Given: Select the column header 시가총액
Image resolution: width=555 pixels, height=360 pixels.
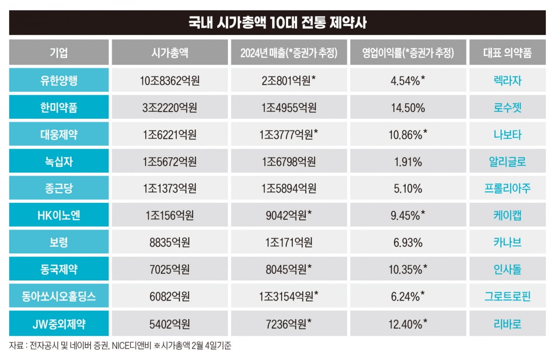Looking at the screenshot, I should point(170,53).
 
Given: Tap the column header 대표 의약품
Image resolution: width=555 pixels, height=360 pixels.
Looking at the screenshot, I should point(507,53).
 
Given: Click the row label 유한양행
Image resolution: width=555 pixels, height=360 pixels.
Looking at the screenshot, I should point(59,80).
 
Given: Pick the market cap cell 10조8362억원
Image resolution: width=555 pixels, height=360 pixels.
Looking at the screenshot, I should point(170,80).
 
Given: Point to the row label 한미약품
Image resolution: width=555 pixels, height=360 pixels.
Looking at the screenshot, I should point(59,108).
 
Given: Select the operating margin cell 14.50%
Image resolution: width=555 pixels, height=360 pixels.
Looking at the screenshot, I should point(407,108).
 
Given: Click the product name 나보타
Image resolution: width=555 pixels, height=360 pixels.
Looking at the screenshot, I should point(507,134).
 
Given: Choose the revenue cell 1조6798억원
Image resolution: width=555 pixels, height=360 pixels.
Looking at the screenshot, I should point(289,162).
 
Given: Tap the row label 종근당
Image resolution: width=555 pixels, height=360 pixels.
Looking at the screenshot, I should point(59,189).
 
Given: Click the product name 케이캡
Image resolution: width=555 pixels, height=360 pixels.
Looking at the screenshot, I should point(507,215).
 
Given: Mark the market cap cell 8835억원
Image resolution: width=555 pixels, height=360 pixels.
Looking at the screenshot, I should point(170,243).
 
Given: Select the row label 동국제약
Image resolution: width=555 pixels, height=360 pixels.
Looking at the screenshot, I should point(59,269).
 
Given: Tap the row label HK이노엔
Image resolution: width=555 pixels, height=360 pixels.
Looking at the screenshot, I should point(59,215).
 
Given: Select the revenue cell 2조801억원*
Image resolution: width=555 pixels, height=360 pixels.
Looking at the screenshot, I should point(289,80).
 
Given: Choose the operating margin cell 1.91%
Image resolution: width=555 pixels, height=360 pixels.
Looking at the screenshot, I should point(407,162).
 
